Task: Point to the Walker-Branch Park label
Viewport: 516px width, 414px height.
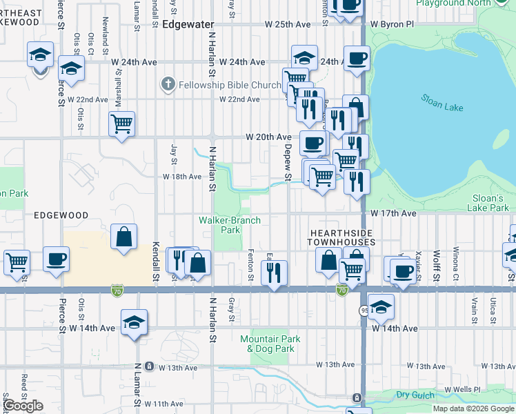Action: point(230,225)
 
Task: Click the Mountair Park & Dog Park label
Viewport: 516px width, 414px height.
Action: point(270,344)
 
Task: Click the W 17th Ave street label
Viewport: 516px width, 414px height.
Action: point(393,214)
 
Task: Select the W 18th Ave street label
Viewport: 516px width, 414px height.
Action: point(182,177)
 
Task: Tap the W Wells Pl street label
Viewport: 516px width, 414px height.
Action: point(462,390)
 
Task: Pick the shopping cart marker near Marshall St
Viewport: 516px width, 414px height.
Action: point(121,124)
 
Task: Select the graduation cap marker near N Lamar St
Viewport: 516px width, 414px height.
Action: point(134,322)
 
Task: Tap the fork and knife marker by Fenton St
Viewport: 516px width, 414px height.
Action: point(275,273)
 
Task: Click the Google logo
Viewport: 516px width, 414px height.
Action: point(23,406)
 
